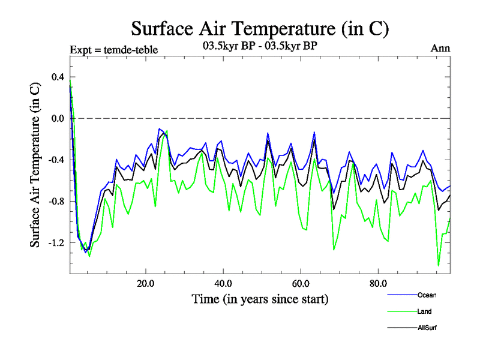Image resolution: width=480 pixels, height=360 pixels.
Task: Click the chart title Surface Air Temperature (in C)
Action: [260, 28]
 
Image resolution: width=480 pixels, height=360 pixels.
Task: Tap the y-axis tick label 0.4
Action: [57, 77]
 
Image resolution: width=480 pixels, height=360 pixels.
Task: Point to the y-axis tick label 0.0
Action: [57, 118]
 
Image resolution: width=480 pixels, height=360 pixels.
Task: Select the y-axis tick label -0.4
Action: [56, 160]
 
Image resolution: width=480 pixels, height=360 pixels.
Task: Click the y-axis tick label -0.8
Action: [56, 201]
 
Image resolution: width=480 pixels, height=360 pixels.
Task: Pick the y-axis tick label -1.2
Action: [56, 242]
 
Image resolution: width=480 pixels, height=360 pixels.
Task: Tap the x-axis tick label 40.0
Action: [223, 283]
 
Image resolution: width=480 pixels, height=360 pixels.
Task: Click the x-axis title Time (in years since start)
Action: [260, 298]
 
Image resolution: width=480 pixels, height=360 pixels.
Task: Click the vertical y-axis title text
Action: [35, 164]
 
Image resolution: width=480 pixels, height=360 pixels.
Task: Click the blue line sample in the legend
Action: [401, 295]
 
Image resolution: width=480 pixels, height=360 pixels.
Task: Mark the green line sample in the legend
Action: [401, 312]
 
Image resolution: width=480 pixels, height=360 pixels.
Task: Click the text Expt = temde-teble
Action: [114, 50]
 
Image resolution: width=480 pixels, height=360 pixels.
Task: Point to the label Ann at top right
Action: [440, 49]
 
